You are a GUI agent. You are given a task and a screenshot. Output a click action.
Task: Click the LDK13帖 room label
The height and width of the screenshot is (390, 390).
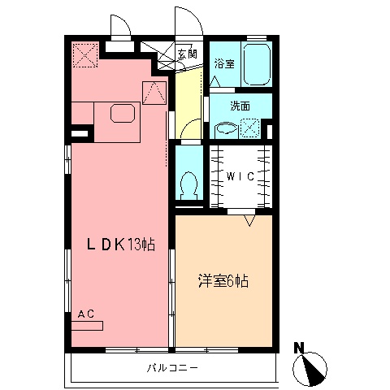coord(122,244)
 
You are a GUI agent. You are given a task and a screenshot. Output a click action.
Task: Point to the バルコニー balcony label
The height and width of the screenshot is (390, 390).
coord(171,368)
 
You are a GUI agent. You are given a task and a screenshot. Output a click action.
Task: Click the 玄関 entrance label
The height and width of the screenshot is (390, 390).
coord(187,54)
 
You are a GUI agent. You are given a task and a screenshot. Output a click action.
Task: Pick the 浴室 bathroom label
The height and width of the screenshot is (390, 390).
coord(225,63)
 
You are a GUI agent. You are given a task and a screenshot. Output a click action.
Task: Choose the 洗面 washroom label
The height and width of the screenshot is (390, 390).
coord(239,106)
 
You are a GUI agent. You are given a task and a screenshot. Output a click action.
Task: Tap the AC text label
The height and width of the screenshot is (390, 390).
coord(86,314)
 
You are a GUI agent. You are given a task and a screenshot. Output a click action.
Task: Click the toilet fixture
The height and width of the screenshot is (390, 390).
coord(188,184)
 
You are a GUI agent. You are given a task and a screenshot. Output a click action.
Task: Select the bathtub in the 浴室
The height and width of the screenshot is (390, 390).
coord(258,64)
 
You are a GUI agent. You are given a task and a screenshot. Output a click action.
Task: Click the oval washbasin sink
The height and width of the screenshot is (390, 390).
coord(226,128)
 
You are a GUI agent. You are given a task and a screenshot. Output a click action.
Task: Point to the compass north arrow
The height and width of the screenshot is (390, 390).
coord(312,369)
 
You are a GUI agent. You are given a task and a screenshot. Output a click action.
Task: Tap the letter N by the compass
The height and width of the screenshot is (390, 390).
coord(299,349)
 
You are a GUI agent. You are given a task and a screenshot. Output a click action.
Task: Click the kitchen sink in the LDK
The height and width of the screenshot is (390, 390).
coord(123,113)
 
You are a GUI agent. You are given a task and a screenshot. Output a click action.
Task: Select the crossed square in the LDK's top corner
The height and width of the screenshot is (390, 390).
coord(84,55)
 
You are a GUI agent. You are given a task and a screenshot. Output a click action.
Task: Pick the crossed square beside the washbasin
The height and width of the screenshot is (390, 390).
coord(251,128)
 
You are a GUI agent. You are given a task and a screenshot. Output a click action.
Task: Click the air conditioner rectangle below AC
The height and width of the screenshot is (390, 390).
coord(88,327)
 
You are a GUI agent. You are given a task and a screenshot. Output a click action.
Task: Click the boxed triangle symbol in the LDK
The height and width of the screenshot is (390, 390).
coord(154,93)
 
